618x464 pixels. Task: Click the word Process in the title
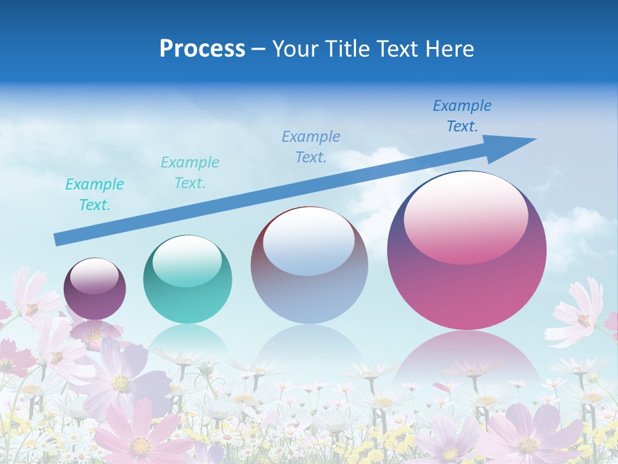click(x=202, y=48)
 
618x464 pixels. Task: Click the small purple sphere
click(x=95, y=289)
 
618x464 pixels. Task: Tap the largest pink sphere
click(x=467, y=258)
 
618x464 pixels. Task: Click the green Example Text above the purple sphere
click(x=95, y=195)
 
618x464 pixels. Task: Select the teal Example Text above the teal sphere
click(x=190, y=173)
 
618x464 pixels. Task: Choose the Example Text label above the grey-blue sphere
click(x=311, y=146)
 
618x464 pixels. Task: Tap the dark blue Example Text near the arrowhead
click(x=462, y=116)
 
